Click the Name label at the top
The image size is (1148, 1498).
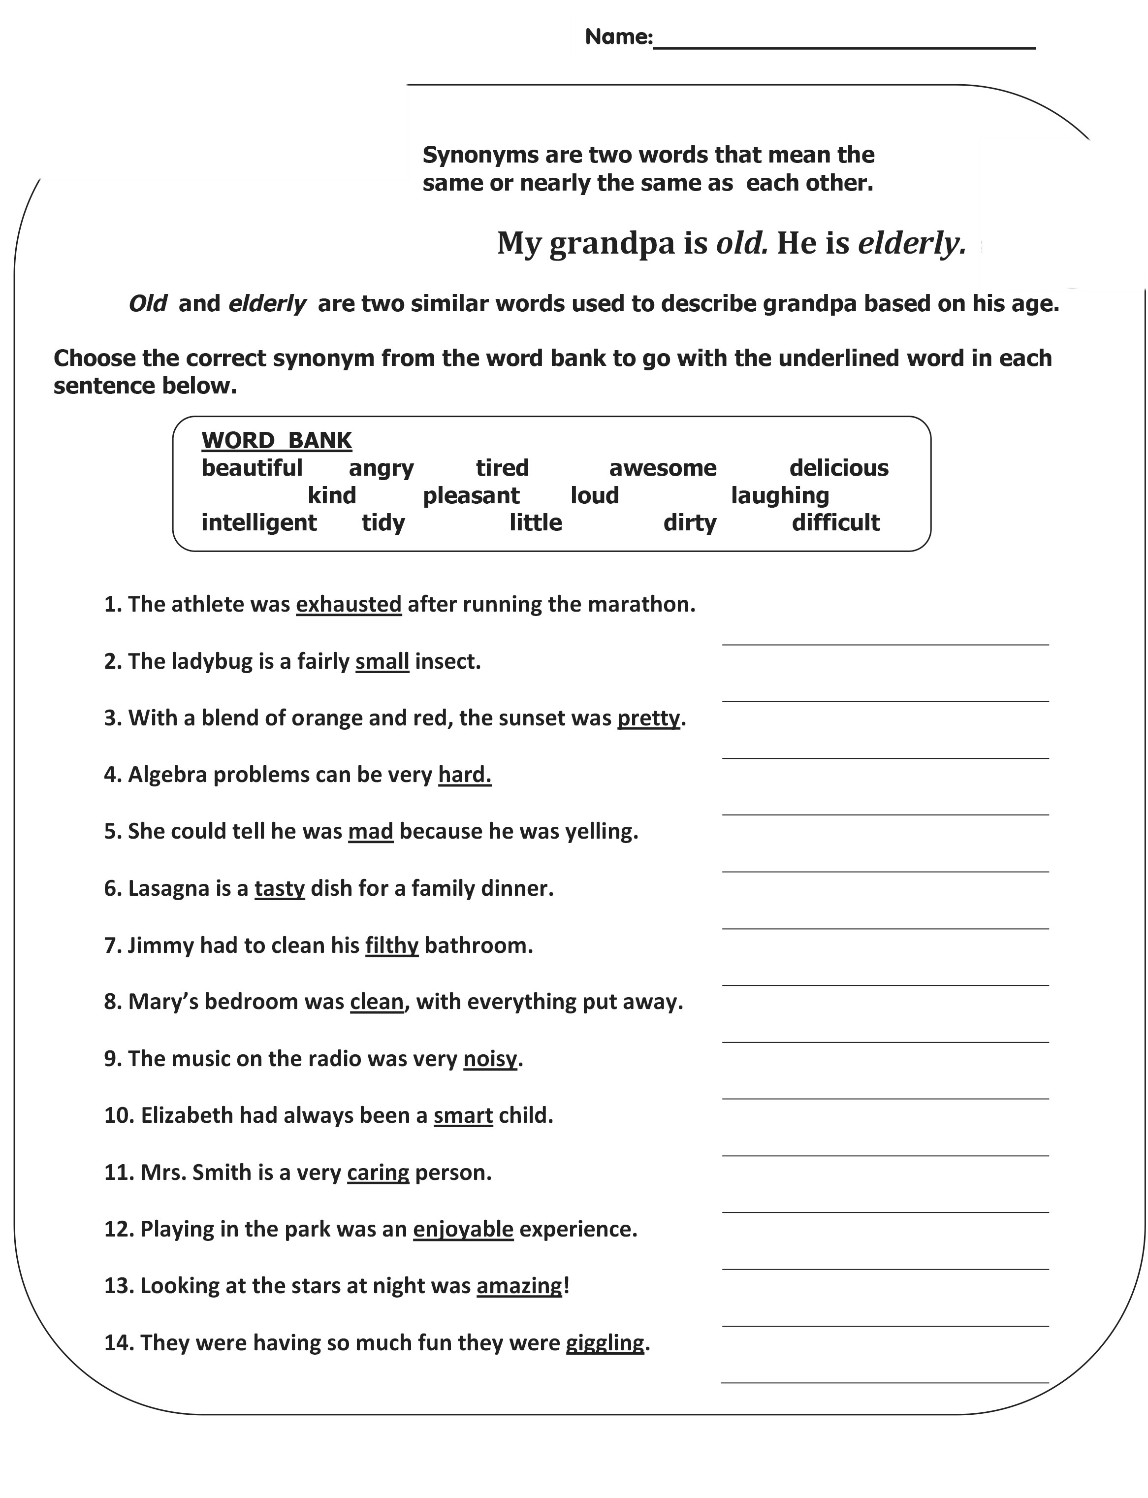point(618,37)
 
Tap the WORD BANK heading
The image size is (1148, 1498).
point(276,441)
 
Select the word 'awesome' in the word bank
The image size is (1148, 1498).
point(662,468)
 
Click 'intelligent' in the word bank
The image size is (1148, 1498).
point(258,523)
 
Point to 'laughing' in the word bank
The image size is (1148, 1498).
point(780,495)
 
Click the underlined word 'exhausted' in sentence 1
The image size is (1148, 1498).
point(349,604)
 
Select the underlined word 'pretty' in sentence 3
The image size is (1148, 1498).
point(648,718)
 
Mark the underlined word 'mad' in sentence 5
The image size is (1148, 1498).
point(370,832)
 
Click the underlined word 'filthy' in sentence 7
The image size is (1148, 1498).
point(391,946)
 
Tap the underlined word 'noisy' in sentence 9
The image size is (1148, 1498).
point(490,1059)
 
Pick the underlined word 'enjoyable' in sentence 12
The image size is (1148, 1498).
point(463,1230)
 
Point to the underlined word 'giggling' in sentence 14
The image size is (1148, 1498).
point(605,1343)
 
